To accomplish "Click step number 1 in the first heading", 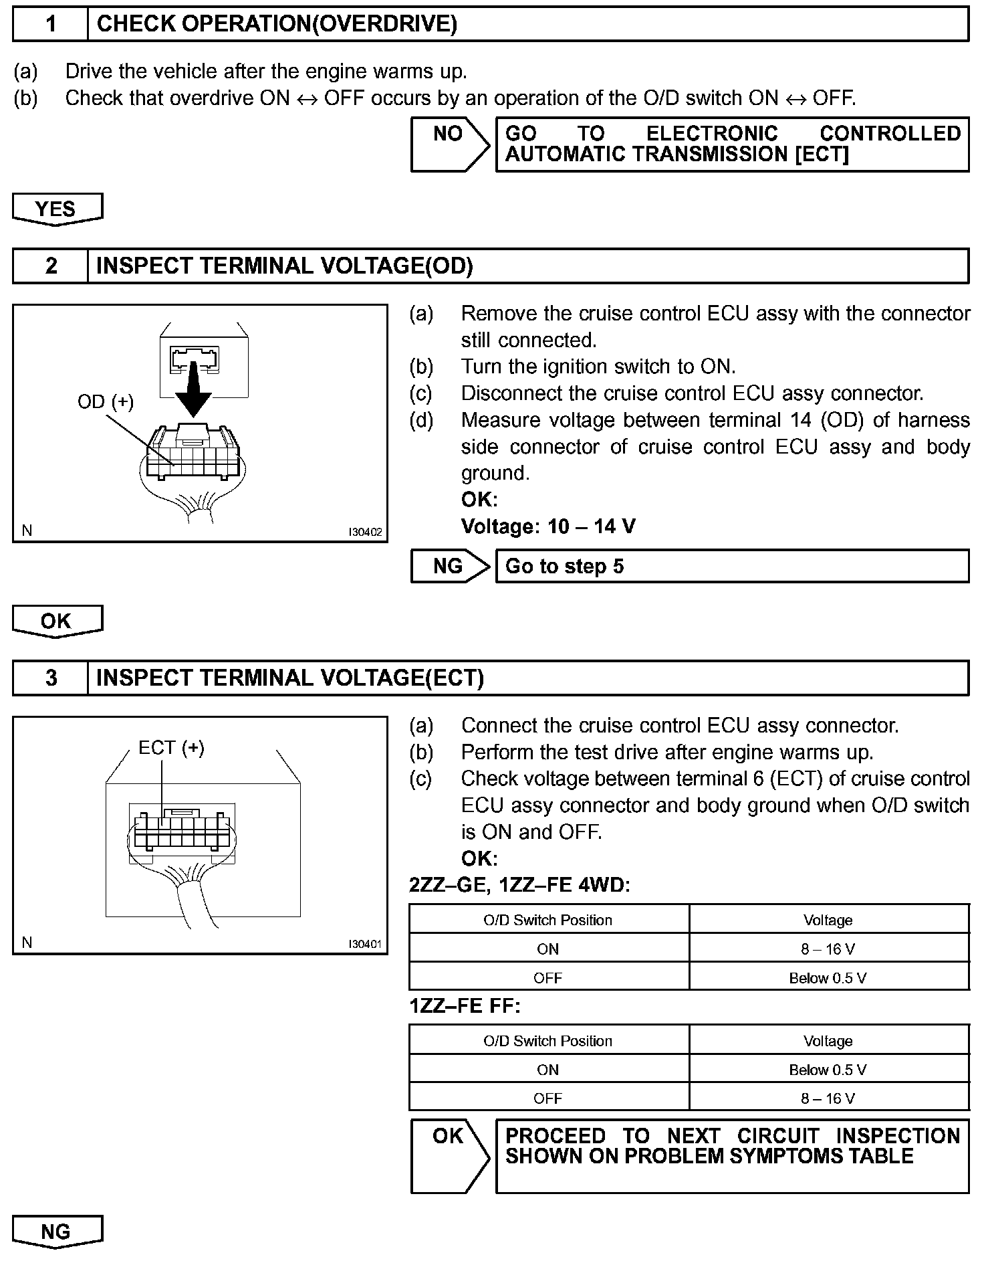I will coord(51,24).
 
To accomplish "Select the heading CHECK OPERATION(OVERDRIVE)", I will coord(277,24).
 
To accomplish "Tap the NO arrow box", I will coord(449,143).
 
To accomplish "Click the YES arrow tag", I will coord(56,209).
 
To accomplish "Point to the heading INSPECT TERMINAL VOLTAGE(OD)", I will coord(284,266).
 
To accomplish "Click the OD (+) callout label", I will coord(106,401).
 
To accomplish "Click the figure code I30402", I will coord(364,532).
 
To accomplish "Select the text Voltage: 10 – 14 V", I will coord(548,526).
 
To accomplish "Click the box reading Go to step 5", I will coord(732,567).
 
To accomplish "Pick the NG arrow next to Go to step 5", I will coord(449,567).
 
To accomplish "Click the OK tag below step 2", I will coord(56,621).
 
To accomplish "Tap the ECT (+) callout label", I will coord(171,747).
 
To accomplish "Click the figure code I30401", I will coord(364,945).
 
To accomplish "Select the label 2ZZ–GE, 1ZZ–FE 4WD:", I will coord(519,885).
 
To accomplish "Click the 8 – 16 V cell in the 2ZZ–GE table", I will coord(828,949).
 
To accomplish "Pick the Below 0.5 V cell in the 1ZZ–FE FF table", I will coord(828,1070).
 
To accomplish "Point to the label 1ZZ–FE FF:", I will coord(465,1006).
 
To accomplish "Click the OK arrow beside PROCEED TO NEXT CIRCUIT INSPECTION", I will coord(449,1155).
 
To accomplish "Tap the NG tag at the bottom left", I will coord(56,1232).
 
